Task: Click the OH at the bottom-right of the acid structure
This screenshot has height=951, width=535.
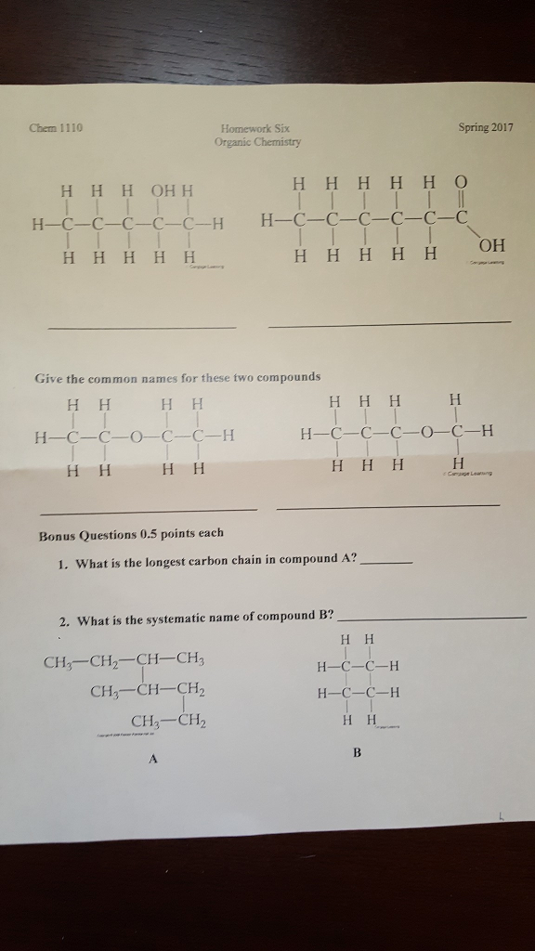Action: click(x=492, y=246)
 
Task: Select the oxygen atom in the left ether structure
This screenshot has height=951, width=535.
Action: click(x=135, y=435)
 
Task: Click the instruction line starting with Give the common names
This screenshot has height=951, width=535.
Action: click(x=177, y=378)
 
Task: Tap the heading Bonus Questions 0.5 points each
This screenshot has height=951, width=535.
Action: click(x=130, y=534)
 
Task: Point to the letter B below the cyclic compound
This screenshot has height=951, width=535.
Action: click(x=356, y=753)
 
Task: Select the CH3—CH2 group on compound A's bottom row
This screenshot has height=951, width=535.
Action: click(x=168, y=721)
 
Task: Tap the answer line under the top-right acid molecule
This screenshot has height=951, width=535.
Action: click(x=388, y=322)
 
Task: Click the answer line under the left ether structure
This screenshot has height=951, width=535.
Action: click(x=149, y=510)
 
